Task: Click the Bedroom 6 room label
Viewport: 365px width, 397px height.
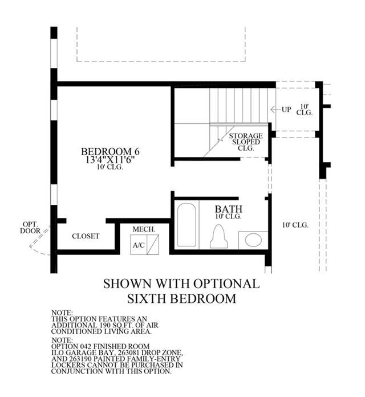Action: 110,152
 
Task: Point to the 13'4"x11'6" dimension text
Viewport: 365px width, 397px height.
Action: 109,160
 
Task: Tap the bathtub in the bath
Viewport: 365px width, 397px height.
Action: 186,225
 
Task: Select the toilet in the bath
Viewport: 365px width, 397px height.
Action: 218,237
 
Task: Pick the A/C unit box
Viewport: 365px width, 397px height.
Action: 139,245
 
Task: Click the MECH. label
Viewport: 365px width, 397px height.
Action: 144,229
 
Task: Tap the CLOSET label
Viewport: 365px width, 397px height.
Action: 86,236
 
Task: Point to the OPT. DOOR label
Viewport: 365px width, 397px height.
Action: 30,228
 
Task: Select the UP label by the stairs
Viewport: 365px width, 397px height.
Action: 286,110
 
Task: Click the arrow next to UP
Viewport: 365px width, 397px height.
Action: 275,110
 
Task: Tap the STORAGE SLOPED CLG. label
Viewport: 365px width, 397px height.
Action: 246,142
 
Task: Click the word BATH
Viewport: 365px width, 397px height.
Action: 229,209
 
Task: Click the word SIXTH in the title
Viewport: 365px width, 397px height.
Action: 147,298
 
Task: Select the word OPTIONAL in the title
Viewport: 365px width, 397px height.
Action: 226,283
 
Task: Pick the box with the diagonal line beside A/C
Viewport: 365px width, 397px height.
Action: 153,245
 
